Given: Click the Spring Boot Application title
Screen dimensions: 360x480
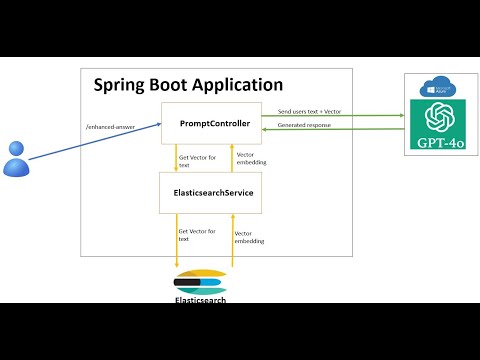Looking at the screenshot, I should coord(188,86).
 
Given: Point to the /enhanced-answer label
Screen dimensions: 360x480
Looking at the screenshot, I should coord(109,126).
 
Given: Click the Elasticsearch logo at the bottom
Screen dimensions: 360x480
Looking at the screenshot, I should coord(200,281).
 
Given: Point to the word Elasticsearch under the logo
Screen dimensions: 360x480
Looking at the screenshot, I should coord(200,299).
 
